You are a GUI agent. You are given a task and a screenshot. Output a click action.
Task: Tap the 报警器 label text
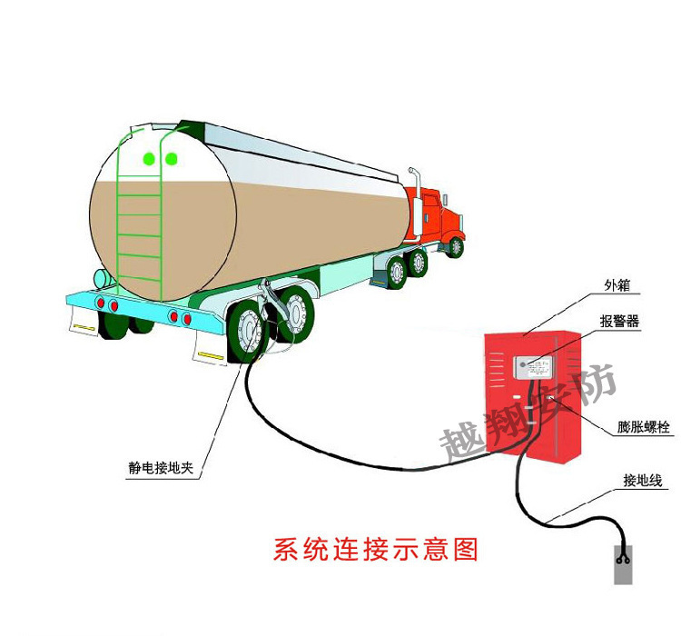tap(620, 322)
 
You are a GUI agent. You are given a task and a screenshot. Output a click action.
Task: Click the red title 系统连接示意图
tap(375, 550)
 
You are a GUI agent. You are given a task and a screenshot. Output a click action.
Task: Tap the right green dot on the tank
tap(171, 159)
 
